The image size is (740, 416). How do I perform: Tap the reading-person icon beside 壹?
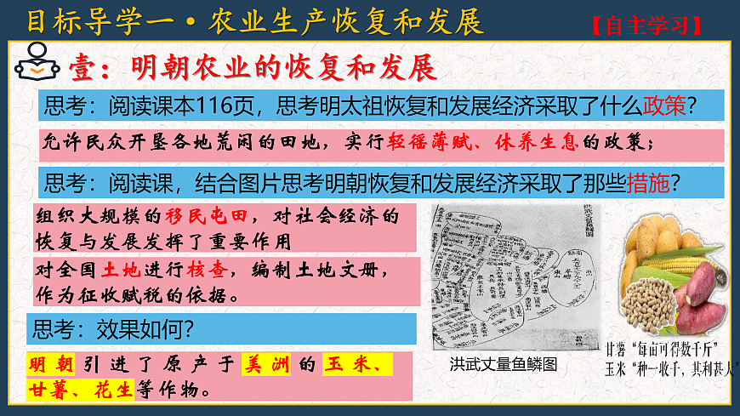click(x=34, y=64)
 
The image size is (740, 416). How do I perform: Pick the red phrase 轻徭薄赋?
click(x=419, y=142)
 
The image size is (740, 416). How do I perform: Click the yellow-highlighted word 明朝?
click(x=49, y=365)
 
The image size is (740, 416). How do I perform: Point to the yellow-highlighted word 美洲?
click(x=265, y=365)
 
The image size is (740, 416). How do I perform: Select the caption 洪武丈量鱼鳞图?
click(x=504, y=364)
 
